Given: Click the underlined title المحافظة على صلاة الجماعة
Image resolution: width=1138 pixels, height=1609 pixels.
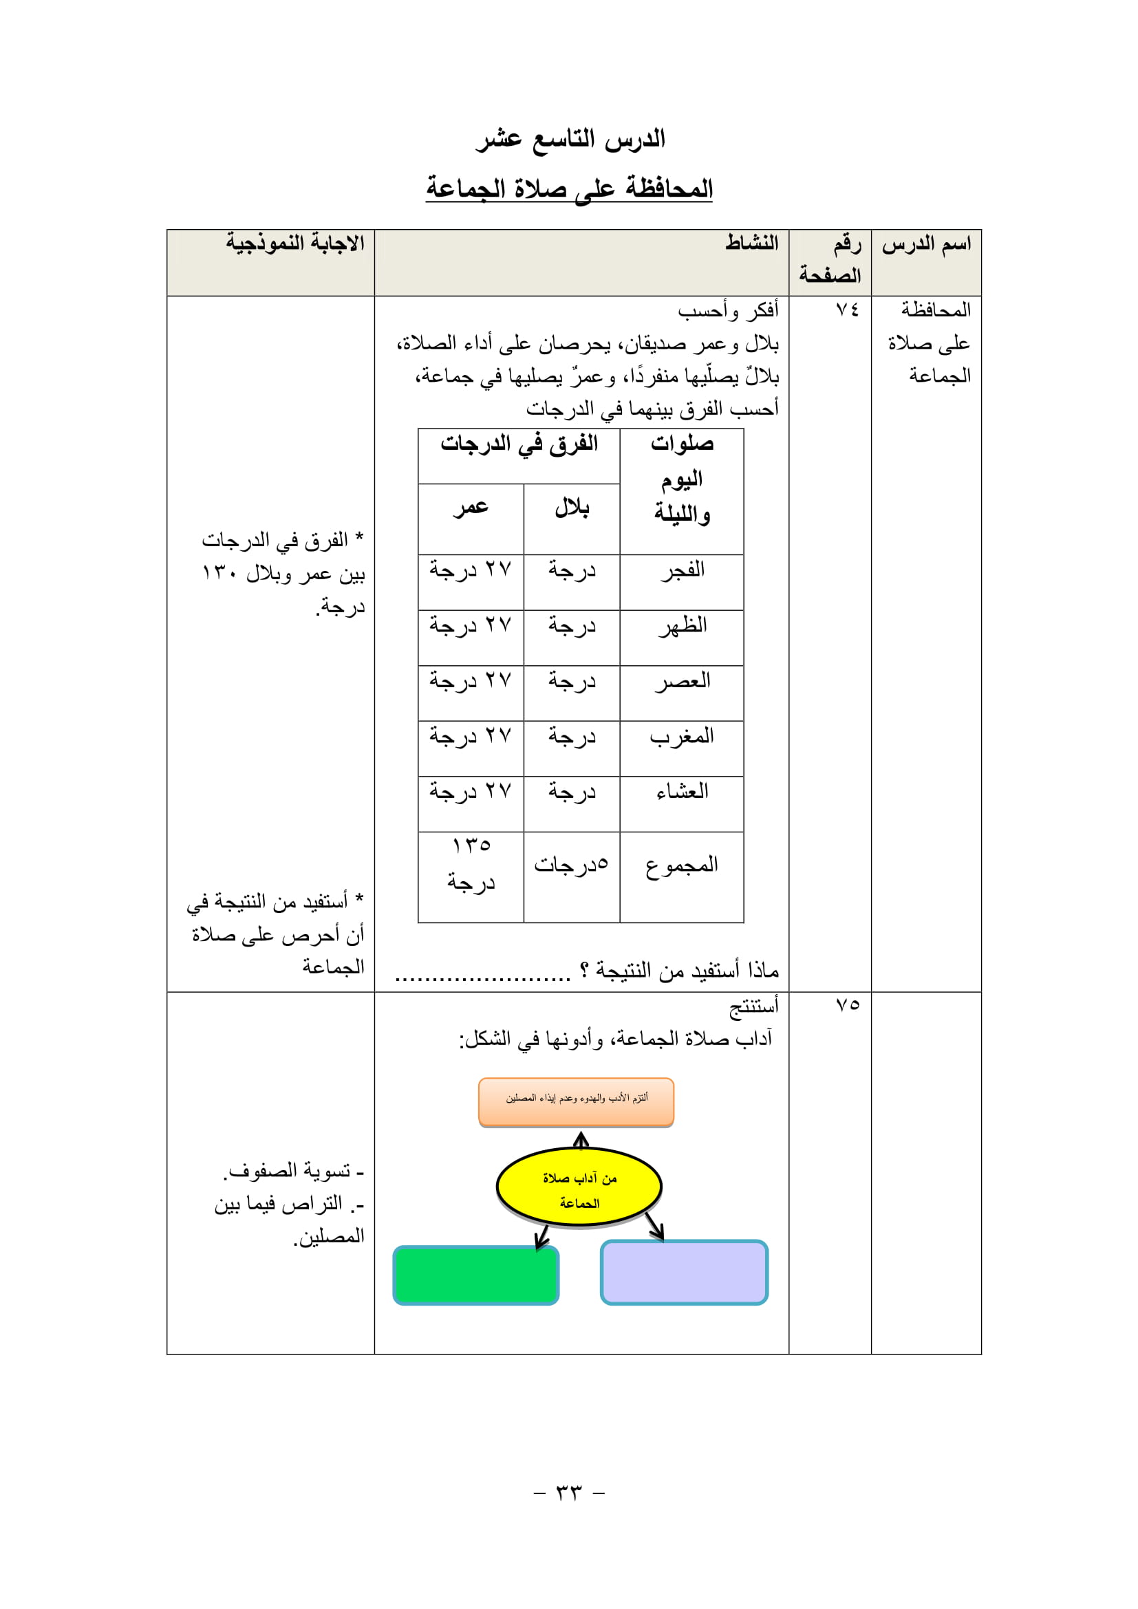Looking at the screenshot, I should coord(568,188).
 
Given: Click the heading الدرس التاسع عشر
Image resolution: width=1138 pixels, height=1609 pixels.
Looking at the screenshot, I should coord(570,139).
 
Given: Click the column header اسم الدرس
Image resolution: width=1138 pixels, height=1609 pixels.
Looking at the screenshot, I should coord(925,245).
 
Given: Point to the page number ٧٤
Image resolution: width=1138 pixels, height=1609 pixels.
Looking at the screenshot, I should coord(846,310).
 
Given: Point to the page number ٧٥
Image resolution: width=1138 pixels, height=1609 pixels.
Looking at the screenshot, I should coord(846,1005).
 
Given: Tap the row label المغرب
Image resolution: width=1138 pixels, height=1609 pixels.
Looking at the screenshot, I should coord(682,737).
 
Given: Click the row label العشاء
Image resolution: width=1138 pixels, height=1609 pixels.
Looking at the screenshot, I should coord(682,792).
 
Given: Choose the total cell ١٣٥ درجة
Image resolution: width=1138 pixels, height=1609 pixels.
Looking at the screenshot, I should coord(471,864).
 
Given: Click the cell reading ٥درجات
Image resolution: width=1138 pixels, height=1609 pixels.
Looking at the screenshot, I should coord(571,865).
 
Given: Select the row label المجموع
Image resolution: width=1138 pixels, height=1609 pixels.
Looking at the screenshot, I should coord(682,865).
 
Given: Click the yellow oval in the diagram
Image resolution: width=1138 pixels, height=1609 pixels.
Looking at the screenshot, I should coord(579,1187).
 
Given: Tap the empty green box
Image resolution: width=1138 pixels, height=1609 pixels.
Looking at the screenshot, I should coord(476,1275).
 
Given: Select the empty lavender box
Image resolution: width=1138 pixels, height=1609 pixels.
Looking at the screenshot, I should coord(684,1272).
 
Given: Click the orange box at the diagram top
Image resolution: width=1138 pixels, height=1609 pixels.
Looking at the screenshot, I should coord(576,1101).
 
